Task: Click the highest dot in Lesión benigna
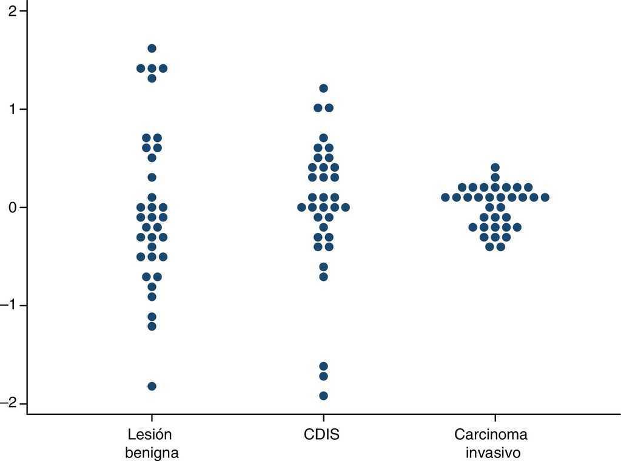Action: coord(152,49)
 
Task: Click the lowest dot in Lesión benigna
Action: coord(152,386)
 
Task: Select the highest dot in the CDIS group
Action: coord(323,89)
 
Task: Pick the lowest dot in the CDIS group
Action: coord(323,396)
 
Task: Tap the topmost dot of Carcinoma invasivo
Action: coord(495,167)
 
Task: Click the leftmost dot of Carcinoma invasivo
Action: coord(445,197)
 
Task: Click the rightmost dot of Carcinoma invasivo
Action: coord(545,197)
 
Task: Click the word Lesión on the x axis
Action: coord(150,435)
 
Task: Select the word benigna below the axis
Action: coord(152,453)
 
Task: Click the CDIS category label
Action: coord(322,435)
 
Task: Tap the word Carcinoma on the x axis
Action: coord(491,435)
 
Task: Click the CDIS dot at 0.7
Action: coord(323,138)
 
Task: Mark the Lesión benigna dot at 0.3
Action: coord(152,177)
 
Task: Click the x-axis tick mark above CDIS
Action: coord(323,419)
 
